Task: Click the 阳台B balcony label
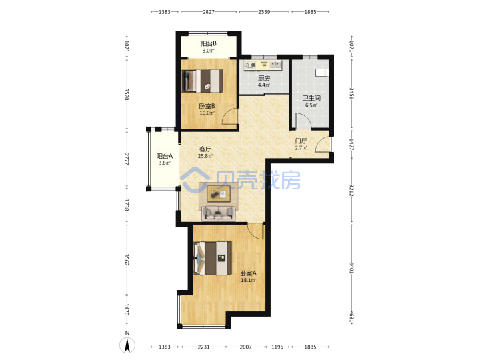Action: click(x=209, y=43)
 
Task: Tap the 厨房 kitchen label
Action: click(x=264, y=78)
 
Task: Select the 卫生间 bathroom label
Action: click(x=311, y=98)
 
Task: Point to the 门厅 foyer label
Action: click(x=301, y=141)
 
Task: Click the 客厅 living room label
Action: click(x=205, y=149)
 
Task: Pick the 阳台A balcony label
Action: click(x=165, y=156)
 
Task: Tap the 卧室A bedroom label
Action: click(x=248, y=273)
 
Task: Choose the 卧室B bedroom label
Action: click(x=207, y=106)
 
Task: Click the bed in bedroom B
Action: click(x=202, y=81)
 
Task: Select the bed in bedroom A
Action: click(x=213, y=258)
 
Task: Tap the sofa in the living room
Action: click(x=218, y=213)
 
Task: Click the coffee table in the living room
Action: click(x=219, y=194)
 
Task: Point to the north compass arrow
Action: click(x=127, y=345)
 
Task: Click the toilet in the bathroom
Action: click(x=322, y=72)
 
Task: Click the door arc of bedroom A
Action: click(x=254, y=232)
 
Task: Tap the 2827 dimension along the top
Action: click(x=209, y=12)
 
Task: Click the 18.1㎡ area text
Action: click(x=248, y=280)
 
